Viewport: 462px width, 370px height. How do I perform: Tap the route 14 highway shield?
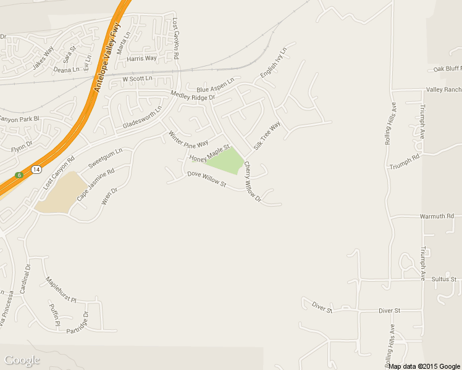[36, 169]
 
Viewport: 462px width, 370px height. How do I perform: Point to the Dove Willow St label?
[207, 179]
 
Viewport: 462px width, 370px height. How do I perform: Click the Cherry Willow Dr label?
[253, 183]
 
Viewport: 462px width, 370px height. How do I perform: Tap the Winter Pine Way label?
[188, 139]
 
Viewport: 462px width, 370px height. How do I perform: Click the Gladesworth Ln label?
[142, 116]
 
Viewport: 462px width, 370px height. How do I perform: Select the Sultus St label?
[444, 279]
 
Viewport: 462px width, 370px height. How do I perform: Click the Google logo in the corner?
[22, 360]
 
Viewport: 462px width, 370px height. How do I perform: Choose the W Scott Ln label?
[137, 79]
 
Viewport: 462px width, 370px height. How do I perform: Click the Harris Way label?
[141, 59]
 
